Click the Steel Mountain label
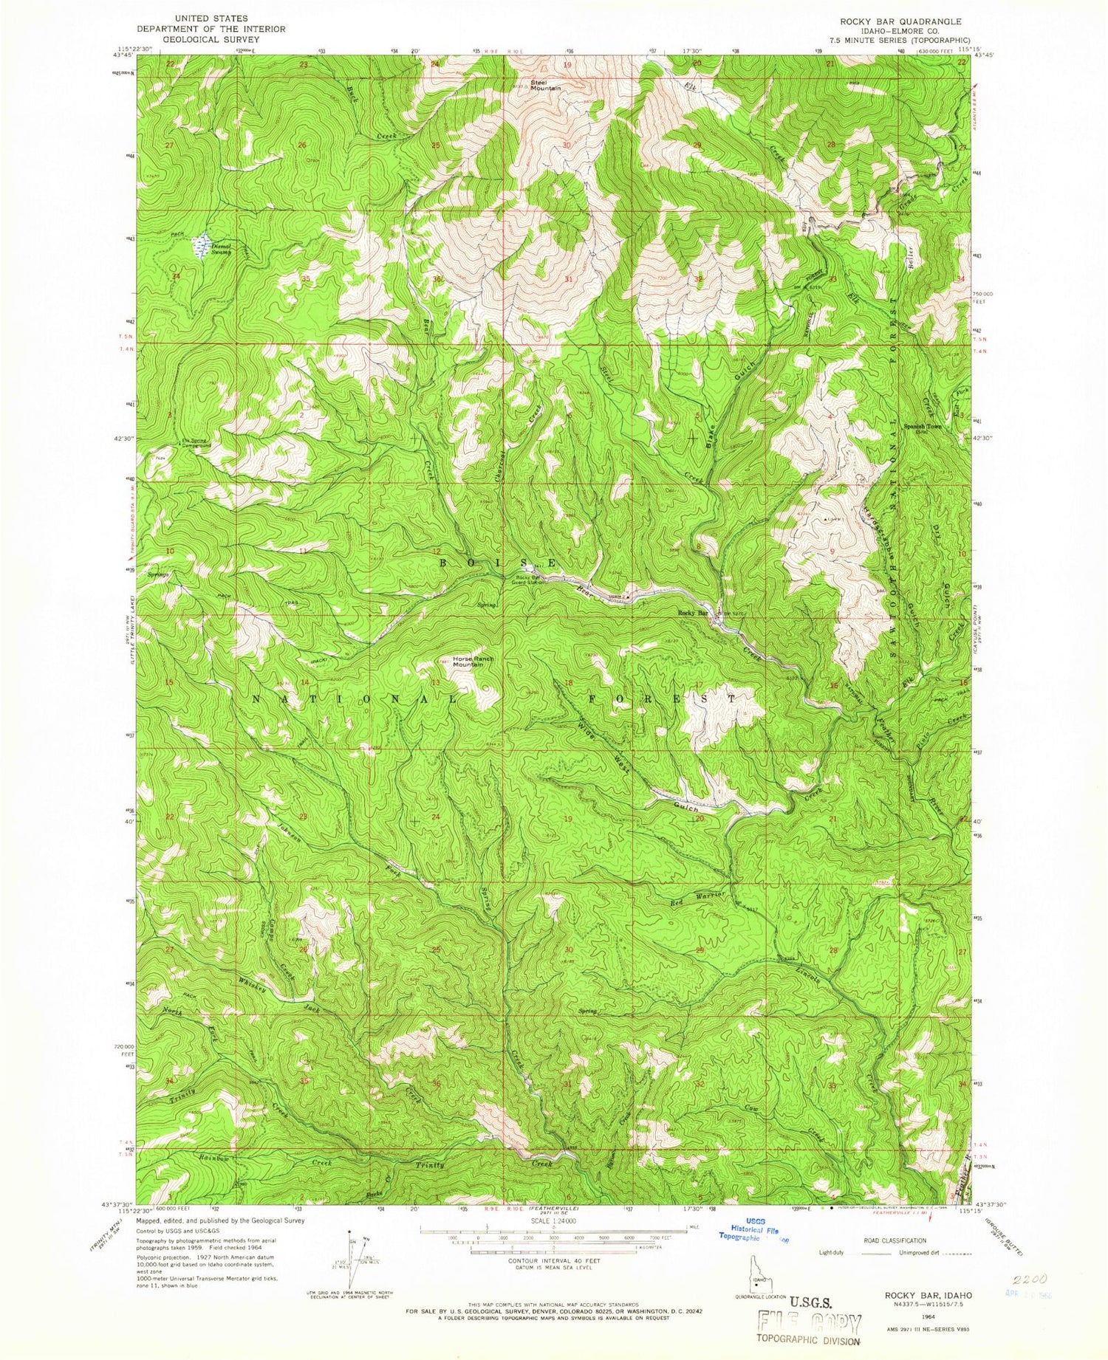click(x=546, y=85)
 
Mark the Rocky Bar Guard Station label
click(x=530, y=580)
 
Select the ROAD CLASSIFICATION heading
click(x=889, y=1241)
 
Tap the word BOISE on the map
click(x=502, y=563)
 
